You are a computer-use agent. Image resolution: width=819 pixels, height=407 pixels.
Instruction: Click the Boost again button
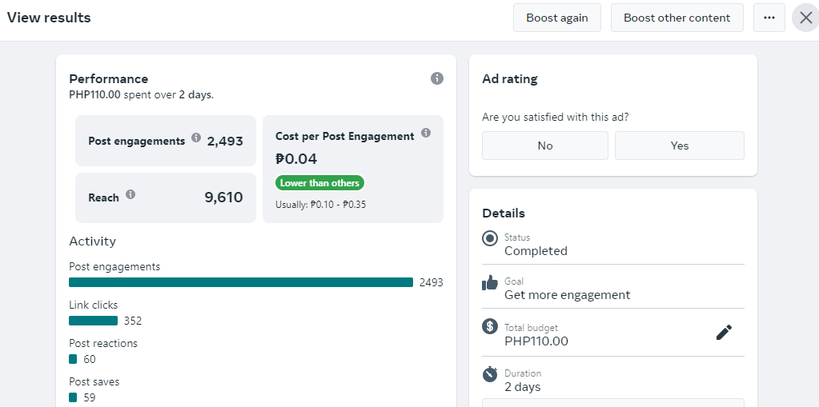coord(556,18)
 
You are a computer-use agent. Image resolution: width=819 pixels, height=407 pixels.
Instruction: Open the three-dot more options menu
coord(769,18)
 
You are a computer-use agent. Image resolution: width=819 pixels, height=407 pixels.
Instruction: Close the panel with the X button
coord(806,18)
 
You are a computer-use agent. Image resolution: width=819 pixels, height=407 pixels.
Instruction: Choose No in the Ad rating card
coord(544,146)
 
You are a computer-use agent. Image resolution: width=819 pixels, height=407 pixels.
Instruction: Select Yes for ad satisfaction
coord(680,146)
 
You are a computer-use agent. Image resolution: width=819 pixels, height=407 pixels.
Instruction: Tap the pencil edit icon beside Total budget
coord(724,333)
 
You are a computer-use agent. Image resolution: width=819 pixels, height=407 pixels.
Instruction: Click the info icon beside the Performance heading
coord(436,78)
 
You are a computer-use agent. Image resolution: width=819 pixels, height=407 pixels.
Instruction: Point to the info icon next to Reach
coord(130,194)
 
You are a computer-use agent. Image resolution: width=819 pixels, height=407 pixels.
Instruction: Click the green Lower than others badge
coord(319,183)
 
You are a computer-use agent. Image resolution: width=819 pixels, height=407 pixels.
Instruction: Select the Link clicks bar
coord(93,321)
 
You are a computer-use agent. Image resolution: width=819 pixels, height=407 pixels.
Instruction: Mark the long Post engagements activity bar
coord(241,282)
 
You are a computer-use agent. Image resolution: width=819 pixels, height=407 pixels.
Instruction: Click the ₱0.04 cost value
coord(296,158)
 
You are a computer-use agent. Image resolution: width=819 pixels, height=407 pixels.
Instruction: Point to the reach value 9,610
coord(223,198)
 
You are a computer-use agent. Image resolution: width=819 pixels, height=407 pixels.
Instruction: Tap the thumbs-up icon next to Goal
coord(490,283)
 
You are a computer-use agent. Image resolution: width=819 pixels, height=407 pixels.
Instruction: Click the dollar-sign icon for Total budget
coord(489,327)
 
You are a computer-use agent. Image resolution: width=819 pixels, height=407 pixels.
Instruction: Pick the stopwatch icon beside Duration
coord(490,373)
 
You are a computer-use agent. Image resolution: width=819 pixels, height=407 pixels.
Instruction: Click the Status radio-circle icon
coord(490,239)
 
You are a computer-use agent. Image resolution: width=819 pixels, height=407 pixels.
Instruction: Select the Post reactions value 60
coord(90,359)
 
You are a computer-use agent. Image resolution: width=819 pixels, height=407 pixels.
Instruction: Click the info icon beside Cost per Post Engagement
coord(426,133)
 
